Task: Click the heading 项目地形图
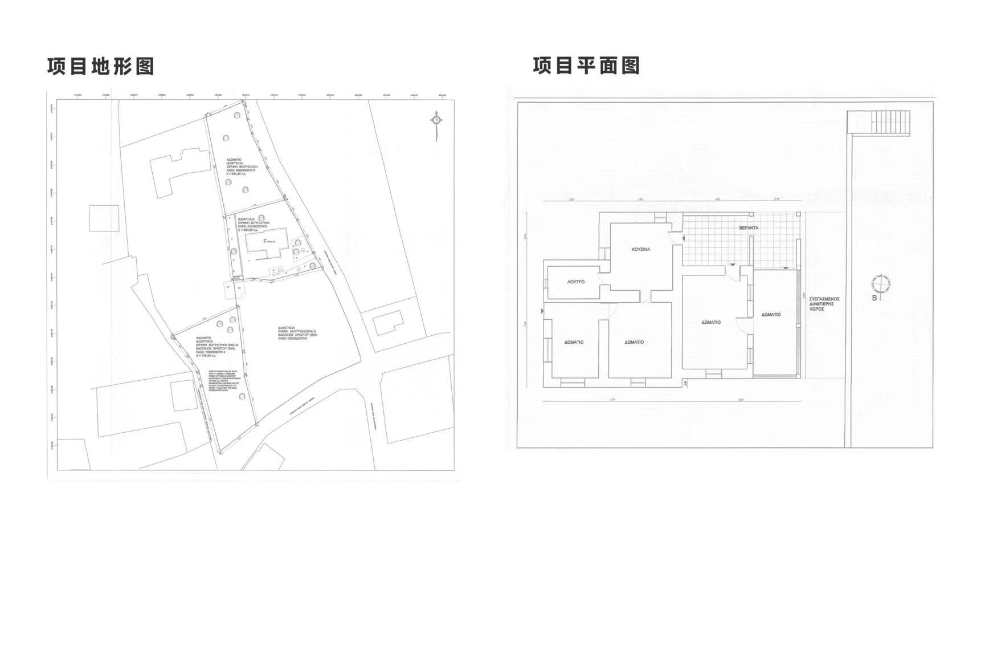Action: [x=101, y=66]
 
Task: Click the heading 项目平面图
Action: [x=586, y=66]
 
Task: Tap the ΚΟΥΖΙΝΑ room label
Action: [x=641, y=249]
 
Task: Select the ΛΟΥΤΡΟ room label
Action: [x=575, y=282]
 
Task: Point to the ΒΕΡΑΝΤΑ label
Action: [x=749, y=228]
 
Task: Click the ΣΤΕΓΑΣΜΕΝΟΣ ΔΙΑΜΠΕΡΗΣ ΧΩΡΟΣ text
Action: [x=824, y=303]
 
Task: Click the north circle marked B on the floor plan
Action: [x=881, y=284]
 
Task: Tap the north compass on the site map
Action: [x=436, y=121]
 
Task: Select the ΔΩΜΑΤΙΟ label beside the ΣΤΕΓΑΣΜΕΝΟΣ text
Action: [x=771, y=315]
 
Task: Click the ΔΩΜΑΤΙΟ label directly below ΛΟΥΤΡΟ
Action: [x=574, y=342]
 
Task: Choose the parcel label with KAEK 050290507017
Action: [x=242, y=166]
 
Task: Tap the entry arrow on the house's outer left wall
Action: [x=542, y=311]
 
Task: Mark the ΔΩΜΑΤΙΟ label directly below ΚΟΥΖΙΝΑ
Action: [x=634, y=342]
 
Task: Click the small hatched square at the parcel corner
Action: [x=239, y=279]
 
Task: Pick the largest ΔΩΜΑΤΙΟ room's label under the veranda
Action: [x=711, y=322]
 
